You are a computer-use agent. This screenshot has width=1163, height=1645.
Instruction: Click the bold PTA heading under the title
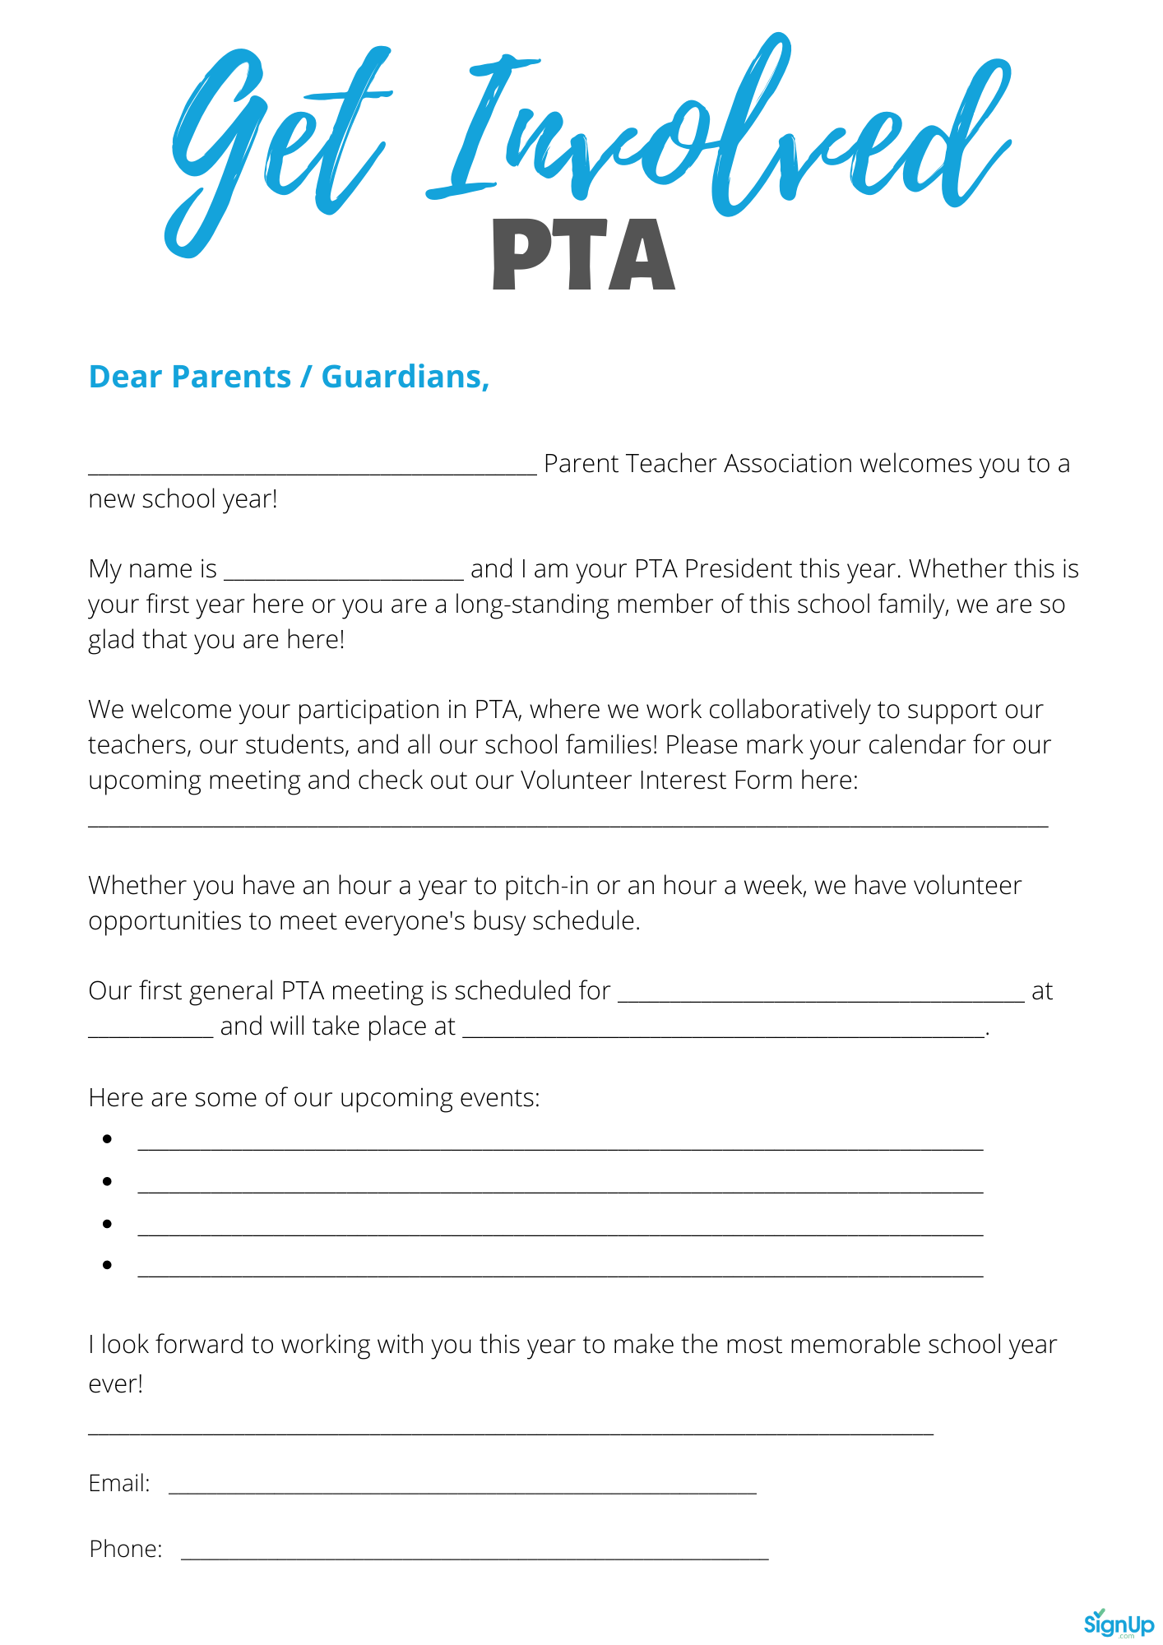point(583,255)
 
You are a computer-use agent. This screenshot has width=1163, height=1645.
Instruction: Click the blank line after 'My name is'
point(344,575)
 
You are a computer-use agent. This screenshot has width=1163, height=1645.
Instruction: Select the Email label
point(119,1483)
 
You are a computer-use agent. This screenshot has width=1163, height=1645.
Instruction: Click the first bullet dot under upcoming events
point(107,1139)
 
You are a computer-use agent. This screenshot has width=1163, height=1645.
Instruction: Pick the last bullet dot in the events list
point(107,1265)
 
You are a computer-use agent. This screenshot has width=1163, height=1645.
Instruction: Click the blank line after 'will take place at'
point(724,1034)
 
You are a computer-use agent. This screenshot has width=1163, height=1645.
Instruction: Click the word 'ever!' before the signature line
point(116,1384)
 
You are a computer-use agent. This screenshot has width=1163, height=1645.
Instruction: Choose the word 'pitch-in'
point(546,886)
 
